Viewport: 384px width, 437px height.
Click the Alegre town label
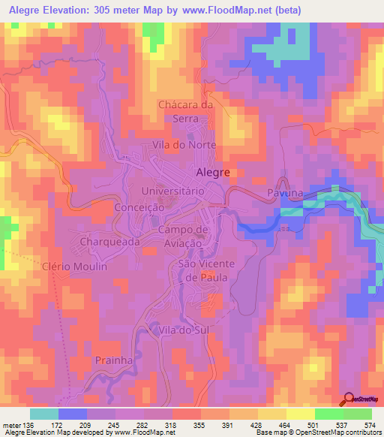click(211, 172)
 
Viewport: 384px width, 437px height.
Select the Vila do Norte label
click(184, 144)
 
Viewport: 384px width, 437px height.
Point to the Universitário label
click(173, 191)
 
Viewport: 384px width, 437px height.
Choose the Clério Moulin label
click(75, 267)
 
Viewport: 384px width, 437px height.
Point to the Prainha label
click(114, 360)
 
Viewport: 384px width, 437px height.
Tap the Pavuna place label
click(285, 193)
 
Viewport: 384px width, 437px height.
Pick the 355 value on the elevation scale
click(199, 423)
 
